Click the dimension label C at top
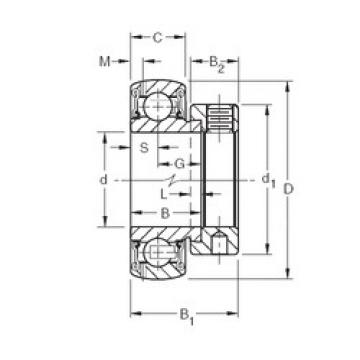[157, 38]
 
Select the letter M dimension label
[105, 61]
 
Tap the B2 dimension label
[217, 63]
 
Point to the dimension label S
[144, 147]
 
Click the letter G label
[180, 164]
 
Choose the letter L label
[164, 194]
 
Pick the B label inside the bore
[165, 213]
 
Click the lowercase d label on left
[104, 180]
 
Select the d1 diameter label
[269, 182]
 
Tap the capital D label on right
[288, 189]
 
